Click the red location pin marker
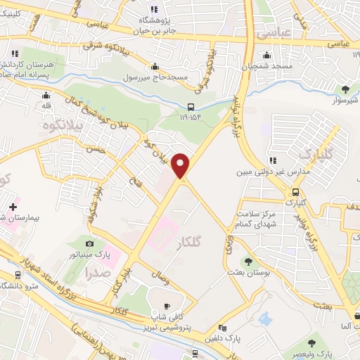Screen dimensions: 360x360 tap(181, 166)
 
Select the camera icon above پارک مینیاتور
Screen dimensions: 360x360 tap(89, 243)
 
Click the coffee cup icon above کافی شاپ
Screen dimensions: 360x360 tap(167, 306)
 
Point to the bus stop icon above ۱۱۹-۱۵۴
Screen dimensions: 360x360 tap(190, 107)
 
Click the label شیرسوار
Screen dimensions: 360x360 tap(344, 100)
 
